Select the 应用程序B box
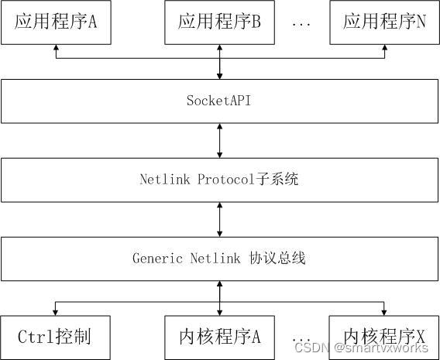[220, 22]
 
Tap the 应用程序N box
[385, 22]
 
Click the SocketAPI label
[219, 101]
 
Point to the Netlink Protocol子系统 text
[219, 180]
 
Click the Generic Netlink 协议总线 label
[219, 259]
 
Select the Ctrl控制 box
[55, 337]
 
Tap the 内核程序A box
[220, 337]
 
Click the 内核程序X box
[385, 337]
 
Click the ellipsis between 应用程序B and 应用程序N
[301, 23]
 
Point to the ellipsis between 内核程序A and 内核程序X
[301, 338]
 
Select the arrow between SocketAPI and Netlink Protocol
[220, 140]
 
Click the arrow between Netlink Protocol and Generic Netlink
[220, 219]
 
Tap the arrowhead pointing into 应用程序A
[56, 48]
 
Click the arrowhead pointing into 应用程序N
[385, 48]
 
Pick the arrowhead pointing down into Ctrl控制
[56, 311]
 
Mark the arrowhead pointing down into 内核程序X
[385, 311]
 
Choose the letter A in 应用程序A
[91, 22]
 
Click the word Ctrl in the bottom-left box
[36, 337]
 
